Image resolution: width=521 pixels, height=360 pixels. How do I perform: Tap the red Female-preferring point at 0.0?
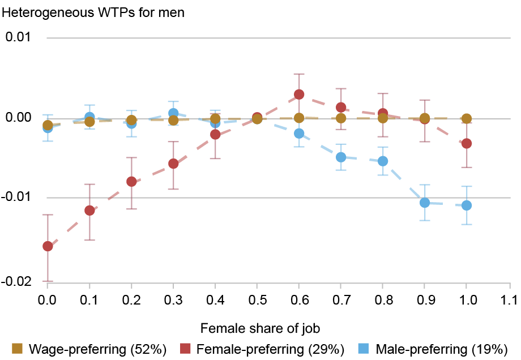click(48, 246)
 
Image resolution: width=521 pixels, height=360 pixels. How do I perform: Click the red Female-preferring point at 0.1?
click(89, 211)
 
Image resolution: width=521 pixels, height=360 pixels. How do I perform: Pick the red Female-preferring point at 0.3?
click(173, 164)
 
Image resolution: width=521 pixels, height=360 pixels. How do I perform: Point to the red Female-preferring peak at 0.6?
click(299, 94)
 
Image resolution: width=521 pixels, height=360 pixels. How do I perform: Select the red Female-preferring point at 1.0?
click(467, 144)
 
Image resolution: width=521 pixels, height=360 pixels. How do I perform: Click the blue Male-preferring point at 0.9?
click(425, 203)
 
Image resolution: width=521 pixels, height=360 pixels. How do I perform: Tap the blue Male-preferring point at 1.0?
click(467, 205)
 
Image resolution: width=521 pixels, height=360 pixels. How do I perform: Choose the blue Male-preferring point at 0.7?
click(341, 157)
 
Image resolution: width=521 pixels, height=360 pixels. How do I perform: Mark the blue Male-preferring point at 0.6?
click(299, 134)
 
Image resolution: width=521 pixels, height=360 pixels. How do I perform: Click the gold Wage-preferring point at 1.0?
click(467, 119)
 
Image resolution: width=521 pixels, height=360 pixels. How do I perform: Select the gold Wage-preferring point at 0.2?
click(131, 120)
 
